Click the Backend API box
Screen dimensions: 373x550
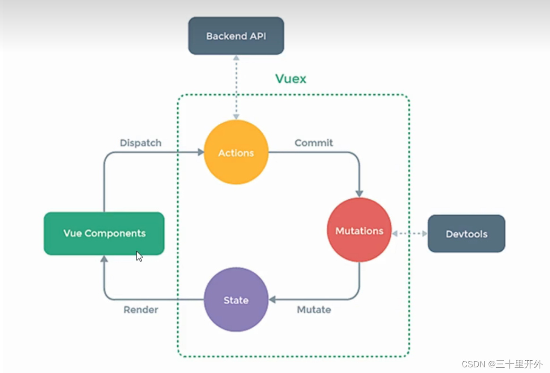[x=236, y=36]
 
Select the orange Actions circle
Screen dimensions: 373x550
[x=236, y=153]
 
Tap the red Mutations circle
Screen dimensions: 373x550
[x=359, y=230]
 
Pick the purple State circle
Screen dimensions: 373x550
[x=236, y=300]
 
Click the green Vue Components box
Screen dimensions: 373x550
[x=104, y=233]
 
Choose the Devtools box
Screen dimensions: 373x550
[x=466, y=234]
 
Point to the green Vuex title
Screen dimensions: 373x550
[x=291, y=78]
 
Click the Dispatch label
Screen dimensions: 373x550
[x=140, y=143]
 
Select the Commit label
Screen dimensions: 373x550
[x=314, y=143]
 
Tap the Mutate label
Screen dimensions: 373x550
[x=314, y=310]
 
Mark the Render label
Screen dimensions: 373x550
[x=141, y=310]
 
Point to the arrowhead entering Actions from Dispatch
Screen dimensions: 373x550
[x=200, y=152]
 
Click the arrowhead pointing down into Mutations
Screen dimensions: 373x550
[x=359, y=193]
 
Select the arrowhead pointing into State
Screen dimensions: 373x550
[x=273, y=299]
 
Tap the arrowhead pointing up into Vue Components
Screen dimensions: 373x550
[x=104, y=259]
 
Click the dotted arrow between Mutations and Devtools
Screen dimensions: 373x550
[x=409, y=234]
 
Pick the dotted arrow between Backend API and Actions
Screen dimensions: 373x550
[x=236, y=87]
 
